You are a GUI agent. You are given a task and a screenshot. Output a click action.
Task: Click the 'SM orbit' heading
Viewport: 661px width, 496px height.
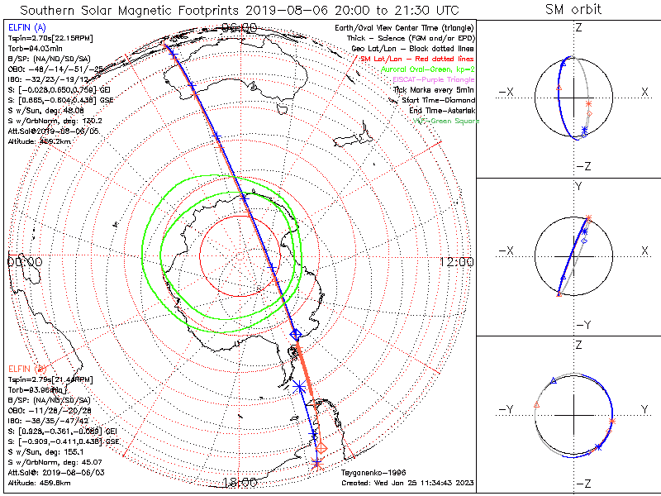tap(573, 9)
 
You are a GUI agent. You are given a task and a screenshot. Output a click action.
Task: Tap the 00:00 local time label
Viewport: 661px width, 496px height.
tap(25, 261)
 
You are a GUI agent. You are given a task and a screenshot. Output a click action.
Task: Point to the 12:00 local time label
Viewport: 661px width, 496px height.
tap(457, 261)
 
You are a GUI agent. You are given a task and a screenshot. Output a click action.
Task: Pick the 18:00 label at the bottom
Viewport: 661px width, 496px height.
tap(240, 482)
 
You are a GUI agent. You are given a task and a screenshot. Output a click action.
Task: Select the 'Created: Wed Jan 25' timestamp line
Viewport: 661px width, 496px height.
tap(407, 482)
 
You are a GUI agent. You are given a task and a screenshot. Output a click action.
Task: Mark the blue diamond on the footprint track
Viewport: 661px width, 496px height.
tap(296, 334)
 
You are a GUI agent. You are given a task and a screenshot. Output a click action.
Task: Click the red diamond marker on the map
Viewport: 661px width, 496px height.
tap(322, 447)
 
